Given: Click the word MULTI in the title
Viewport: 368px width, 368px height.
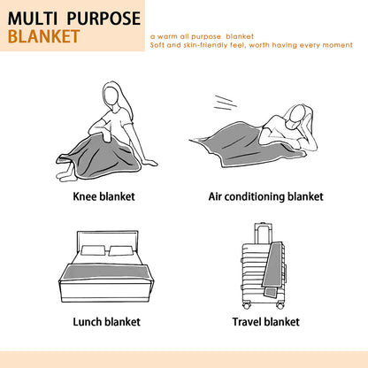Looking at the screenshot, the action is pos(33,19).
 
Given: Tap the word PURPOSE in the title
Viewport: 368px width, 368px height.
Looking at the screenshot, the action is pos(103,19).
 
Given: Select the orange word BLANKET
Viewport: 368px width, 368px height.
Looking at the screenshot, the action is pos(44,36).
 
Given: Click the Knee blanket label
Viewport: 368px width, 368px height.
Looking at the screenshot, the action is pos(103,196).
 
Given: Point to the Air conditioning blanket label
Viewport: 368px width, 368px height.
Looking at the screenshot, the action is pos(266,197).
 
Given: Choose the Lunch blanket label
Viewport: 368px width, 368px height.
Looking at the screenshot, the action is pos(106,322).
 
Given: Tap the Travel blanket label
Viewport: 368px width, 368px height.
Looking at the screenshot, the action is pos(266,322).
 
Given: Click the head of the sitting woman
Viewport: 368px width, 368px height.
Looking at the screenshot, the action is pos(111,94).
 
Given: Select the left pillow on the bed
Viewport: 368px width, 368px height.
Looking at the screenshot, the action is pos(92,250).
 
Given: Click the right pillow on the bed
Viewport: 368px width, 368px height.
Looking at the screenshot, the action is pos(120,251).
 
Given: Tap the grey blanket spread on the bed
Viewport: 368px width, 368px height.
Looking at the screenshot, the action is pos(105,272).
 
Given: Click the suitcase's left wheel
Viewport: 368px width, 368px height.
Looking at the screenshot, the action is pos(247,305).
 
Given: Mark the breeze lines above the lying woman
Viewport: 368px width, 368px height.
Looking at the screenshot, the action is pos(226,103).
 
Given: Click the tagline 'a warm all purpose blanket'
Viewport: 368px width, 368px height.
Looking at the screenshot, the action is pos(202,36).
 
